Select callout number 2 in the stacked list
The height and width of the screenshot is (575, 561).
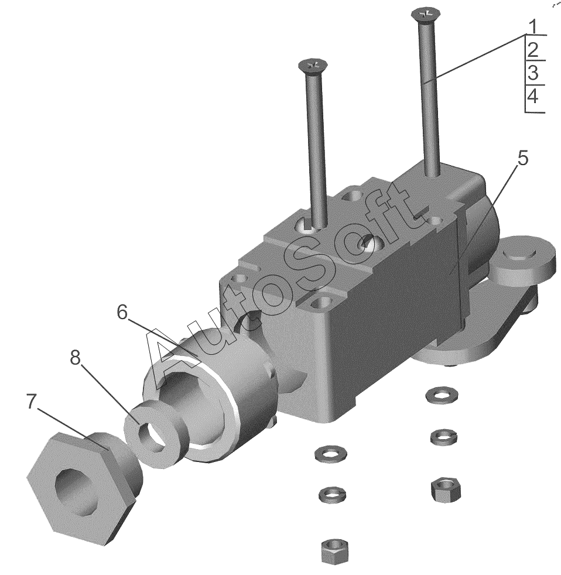pos(533,50)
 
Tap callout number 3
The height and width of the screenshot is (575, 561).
pos(533,73)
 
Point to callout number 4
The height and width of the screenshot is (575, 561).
pos(533,97)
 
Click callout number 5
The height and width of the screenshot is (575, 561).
pos(523,158)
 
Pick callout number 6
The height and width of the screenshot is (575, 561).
pos(122,313)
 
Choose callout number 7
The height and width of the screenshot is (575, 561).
pos(32,401)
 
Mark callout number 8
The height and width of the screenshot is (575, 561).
pos(75,358)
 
